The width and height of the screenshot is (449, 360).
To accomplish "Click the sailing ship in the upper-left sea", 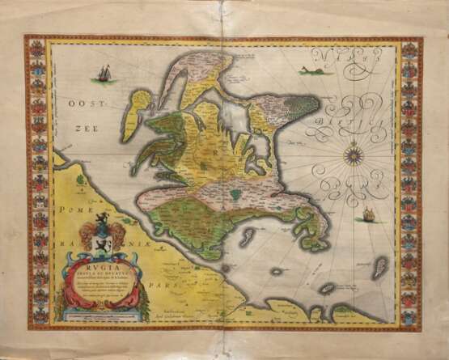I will click(104, 74).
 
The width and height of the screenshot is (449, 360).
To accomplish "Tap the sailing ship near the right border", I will click(369, 214).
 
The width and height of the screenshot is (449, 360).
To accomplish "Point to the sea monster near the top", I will click(312, 71).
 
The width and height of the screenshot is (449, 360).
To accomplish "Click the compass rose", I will click(354, 153).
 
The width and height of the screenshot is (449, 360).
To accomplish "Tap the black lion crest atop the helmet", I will click(101, 219).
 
